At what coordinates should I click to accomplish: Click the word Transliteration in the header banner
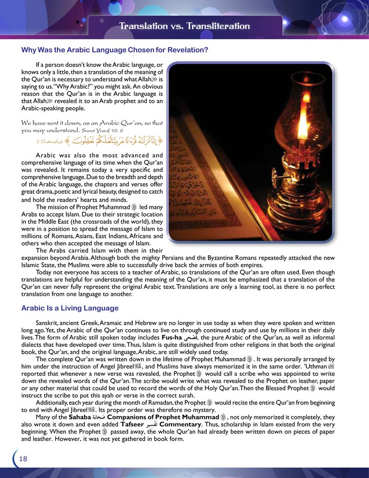click(217, 26)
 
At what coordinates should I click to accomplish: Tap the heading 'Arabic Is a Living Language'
click(70, 308)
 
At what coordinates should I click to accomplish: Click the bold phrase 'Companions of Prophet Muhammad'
click(163, 417)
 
